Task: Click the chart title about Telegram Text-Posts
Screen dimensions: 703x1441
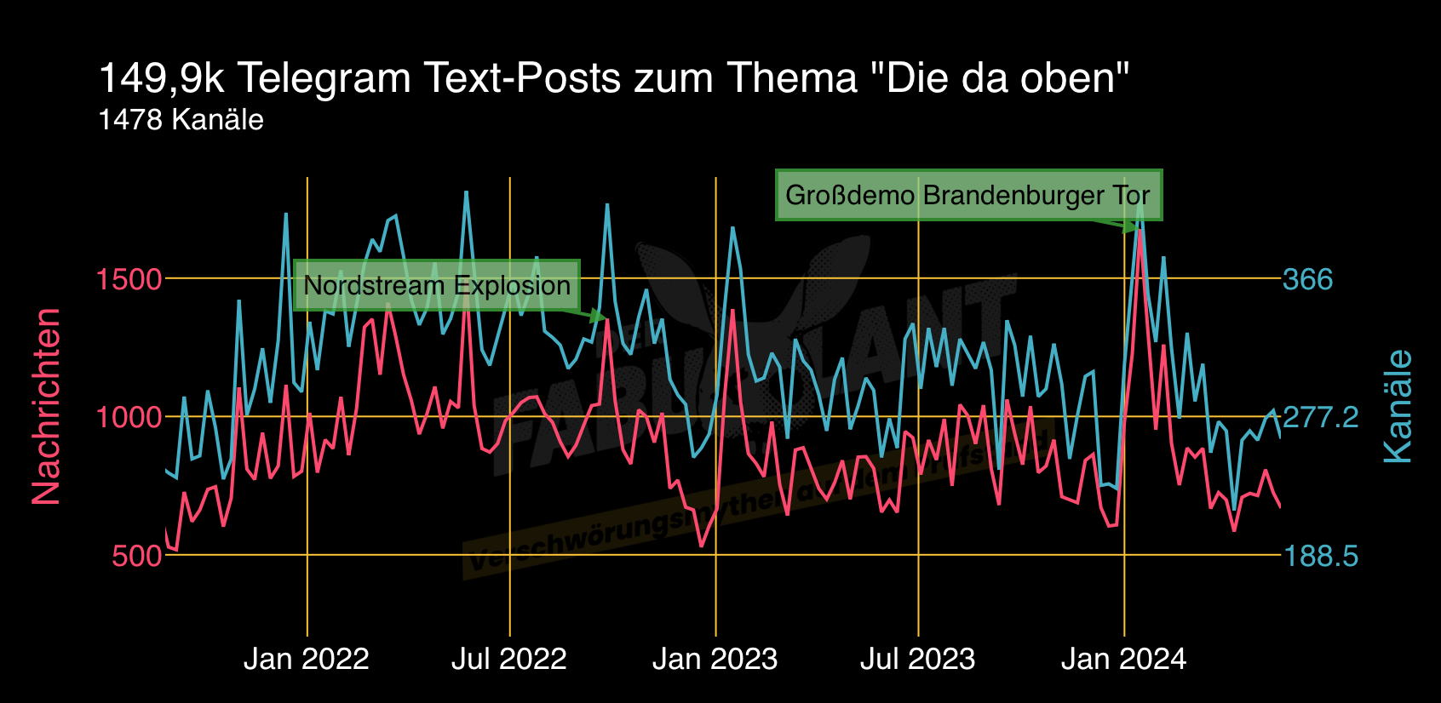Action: pyautogui.click(x=613, y=78)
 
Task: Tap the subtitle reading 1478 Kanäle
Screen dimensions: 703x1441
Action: pyautogui.click(x=181, y=120)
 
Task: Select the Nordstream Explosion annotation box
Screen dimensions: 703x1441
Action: pyautogui.click(x=437, y=285)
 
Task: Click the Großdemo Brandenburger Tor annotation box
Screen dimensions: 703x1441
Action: pyautogui.click(x=967, y=196)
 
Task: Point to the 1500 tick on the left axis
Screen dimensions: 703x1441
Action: pyautogui.click(x=129, y=279)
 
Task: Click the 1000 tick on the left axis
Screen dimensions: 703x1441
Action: pyautogui.click(x=129, y=417)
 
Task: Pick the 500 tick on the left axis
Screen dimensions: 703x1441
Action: pyautogui.click(x=136, y=556)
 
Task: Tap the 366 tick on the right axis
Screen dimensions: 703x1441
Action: pyautogui.click(x=1307, y=279)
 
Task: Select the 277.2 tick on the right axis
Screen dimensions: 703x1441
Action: pyautogui.click(x=1320, y=417)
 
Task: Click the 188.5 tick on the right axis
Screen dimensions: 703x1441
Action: pyautogui.click(x=1320, y=556)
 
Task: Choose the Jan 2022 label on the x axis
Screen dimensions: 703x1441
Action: pyautogui.click(x=306, y=659)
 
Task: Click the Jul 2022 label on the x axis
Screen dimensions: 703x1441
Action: pyautogui.click(x=508, y=659)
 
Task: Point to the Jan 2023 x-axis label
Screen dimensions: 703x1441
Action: pyautogui.click(x=715, y=659)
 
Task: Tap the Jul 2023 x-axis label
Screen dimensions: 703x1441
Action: pyautogui.click(x=917, y=659)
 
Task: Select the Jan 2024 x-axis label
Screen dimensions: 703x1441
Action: pyautogui.click(x=1123, y=659)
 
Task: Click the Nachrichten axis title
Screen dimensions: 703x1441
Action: pyautogui.click(x=47, y=406)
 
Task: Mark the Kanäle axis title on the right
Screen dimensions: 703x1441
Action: pyautogui.click(x=1398, y=406)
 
